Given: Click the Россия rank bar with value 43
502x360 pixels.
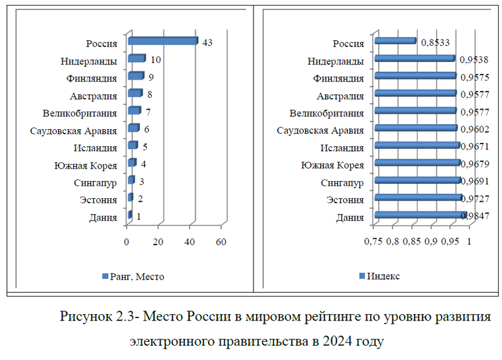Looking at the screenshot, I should click(163, 41).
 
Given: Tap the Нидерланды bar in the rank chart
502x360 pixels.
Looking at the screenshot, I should click(136, 59).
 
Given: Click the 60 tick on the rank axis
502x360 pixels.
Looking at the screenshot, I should click(221, 242).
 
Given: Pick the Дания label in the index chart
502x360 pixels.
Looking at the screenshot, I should click(350, 218).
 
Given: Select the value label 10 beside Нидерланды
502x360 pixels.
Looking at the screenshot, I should click(156, 60).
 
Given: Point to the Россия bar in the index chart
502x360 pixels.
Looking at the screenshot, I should click(395, 41).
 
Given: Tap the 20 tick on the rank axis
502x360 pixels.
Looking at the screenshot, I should click(159, 242).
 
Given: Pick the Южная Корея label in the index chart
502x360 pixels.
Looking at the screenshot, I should click(333, 165).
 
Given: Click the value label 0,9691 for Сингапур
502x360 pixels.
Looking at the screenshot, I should click(475, 182).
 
